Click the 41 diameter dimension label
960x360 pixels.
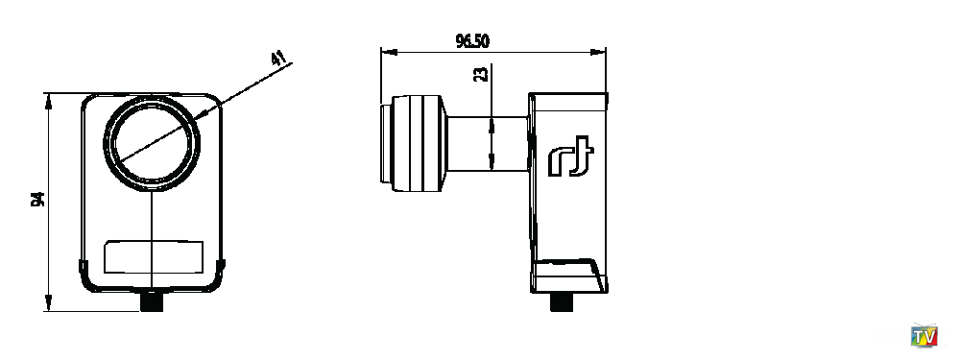point(279,59)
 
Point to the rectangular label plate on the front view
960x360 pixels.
point(154,256)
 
